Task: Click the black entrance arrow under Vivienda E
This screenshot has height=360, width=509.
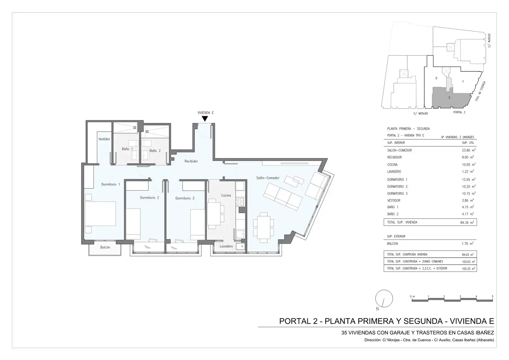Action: (205, 119)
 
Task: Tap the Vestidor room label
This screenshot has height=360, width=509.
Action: (104, 139)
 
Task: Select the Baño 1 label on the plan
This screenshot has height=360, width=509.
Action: (127, 149)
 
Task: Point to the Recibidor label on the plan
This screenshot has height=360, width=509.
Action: (191, 161)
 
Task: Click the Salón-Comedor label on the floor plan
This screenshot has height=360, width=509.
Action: (268, 178)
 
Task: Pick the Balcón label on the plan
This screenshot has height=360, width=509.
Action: (105, 247)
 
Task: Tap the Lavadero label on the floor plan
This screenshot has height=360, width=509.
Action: (226, 246)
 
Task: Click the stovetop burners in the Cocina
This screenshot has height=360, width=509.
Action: (240, 202)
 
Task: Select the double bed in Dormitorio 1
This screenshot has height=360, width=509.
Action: (100, 213)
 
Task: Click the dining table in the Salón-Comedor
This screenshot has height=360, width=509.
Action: (264, 227)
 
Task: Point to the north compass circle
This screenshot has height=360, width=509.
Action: (384, 298)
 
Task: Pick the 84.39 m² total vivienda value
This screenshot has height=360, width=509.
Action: (467, 223)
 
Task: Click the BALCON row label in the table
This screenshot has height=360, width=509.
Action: (392, 244)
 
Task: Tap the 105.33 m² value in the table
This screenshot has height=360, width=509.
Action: (468, 269)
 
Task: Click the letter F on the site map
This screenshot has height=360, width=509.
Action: (463, 82)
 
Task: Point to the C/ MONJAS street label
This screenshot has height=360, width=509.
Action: (421, 113)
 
